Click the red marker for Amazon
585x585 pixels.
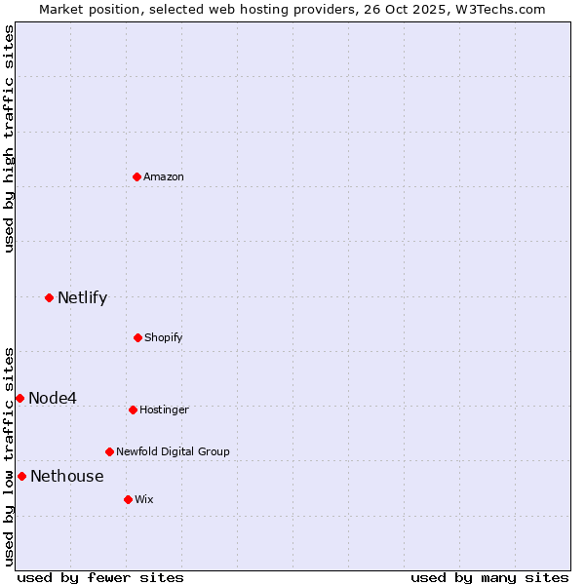pyautogui.click(x=137, y=176)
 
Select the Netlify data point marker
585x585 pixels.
pyautogui.click(x=50, y=297)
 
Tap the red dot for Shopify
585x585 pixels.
pyautogui.click(x=137, y=337)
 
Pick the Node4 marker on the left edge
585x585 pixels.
pyautogui.click(x=19, y=398)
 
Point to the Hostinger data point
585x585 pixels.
pyautogui.click(x=133, y=409)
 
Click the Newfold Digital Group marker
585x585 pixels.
pyautogui.click(x=109, y=451)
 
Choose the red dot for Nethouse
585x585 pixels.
pyautogui.click(x=21, y=476)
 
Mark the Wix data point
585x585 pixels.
pyautogui.click(x=128, y=499)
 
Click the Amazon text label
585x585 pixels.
pyautogui.click(x=164, y=176)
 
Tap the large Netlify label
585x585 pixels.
pyautogui.click(x=82, y=297)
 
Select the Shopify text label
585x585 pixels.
pyautogui.click(x=164, y=337)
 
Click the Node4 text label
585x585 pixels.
pyautogui.click(x=53, y=398)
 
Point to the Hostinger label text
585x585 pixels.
pyautogui.click(x=164, y=409)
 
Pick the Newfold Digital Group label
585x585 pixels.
pyautogui.click(x=173, y=451)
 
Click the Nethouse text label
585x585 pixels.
pyautogui.click(x=66, y=476)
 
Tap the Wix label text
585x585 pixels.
pyautogui.click(x=144, y=499)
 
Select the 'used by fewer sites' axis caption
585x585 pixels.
pyautogui.click(x=100, y=577)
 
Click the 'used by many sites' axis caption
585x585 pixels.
pyautogui.click(x=489, y=577)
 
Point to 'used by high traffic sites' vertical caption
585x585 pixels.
pyautogui.click(x=9, y=138)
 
